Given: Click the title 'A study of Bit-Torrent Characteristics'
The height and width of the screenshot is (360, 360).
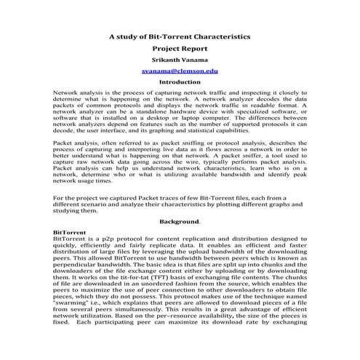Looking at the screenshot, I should (x=180, y=35).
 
